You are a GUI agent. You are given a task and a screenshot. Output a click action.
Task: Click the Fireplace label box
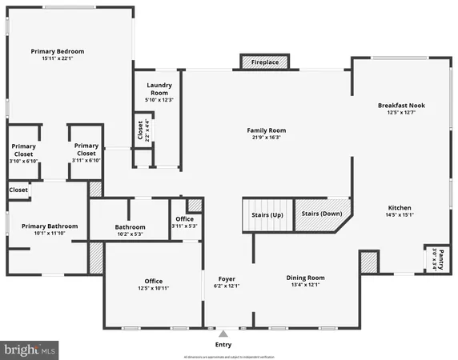click(x=265, y=62)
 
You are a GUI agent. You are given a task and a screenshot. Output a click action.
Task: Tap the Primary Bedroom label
click(x=58, y=51)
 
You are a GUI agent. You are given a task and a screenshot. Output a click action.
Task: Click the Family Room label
click(x=266, y=130)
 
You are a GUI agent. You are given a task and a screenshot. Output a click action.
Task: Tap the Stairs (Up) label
click(x=267, y=215)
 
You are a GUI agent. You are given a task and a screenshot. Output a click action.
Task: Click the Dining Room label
click(x=305, y=278)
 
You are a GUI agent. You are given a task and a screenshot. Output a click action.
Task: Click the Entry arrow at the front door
click(x=224, y=334)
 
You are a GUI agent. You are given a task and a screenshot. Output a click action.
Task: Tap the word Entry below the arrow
click(x=224, y=345)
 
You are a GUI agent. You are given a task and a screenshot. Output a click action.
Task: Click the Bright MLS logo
click(x=30, y=350)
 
